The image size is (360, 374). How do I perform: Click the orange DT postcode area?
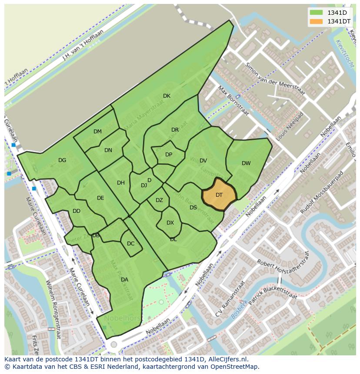tap(219, 195)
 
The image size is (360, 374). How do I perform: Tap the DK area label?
tap(167, 96)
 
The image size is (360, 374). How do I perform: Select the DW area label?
tap(246, 163)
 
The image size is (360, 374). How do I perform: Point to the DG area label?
tap(62, 160)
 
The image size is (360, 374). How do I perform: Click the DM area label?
tap(97, 132)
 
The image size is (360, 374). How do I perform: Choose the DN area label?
tap(108, 150)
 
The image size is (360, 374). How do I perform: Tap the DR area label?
tap(175, 130)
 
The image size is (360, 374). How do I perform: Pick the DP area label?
tap(169, 155)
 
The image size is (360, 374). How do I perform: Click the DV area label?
tap(203, 161)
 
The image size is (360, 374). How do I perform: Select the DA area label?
tap(124, 280)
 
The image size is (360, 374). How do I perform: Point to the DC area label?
tap(130, 244)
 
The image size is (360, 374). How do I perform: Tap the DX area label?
tap(170, 223)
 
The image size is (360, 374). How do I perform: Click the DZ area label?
tap(159, 200)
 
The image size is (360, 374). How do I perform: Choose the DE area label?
tap(100, 198)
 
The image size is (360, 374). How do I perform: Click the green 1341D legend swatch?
tap(316, 13)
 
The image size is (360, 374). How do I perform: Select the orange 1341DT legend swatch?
tap(316, 21)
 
